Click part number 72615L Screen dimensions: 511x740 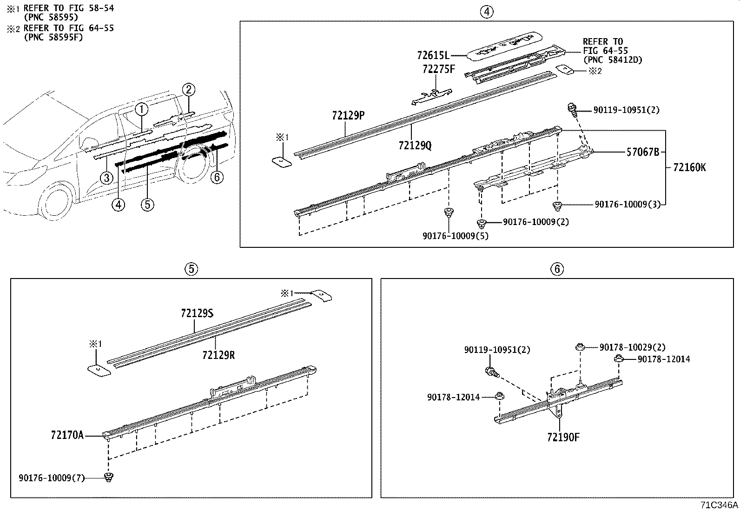tap(433, 55)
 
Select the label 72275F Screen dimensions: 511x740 tap(439, 69)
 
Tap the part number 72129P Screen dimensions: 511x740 tap(348, 115)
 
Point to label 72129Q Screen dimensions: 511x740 tap(415, 145)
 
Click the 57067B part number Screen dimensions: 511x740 tap(643, 152)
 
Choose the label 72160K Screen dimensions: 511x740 tap(689, 167)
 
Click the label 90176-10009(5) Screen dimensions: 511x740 tap(456, 236)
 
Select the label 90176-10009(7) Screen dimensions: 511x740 tap(52, 478)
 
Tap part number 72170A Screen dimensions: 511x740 tap(67, 436)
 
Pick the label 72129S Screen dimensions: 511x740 tap(197, 313)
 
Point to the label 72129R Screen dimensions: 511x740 tap(218, 355)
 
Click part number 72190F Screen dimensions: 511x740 tap(563, 437)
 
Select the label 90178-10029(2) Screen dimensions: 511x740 tap(632, 347)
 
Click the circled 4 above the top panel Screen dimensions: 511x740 tap(486, 12)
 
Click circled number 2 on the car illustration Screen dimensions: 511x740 tap(188, 89)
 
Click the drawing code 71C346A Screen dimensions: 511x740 tap(719, 505)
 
